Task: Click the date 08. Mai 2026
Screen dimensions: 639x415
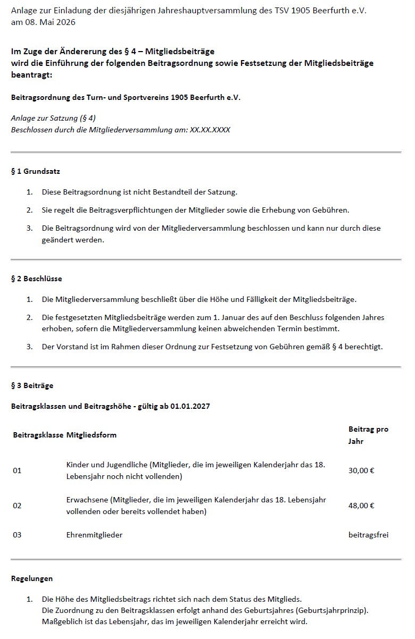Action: [x=48, y=22]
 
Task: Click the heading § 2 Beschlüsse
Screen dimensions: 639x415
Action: [x=36, y=279]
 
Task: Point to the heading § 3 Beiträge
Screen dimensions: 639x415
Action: [x=32, y=385]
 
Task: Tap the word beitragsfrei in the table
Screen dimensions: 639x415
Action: [x=368, y=535]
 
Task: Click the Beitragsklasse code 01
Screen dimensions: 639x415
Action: [x=17, y=470]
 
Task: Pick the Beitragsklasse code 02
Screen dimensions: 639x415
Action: [x=17, y=505]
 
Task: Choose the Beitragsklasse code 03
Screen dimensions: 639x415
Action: [x=17, y=535]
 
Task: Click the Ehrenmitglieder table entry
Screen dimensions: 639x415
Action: [x=94, y=535]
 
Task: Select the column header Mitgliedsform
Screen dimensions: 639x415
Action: [x=91, y=435]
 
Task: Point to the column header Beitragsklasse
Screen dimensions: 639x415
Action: [x=37, y=435]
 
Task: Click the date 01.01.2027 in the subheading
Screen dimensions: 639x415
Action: [x=190, y=406]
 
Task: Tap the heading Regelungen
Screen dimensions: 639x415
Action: [x=32, y=578]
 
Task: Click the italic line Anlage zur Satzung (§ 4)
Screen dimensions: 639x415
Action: [x=53, y=118]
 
